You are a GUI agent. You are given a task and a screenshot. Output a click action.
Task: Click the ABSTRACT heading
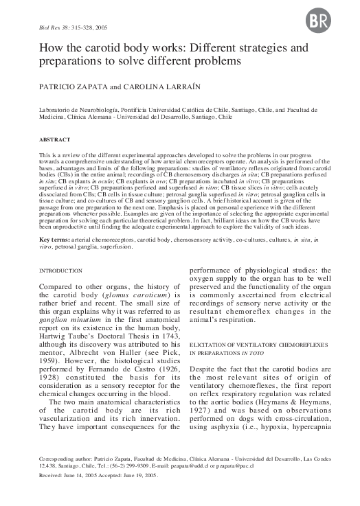(44, 139)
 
